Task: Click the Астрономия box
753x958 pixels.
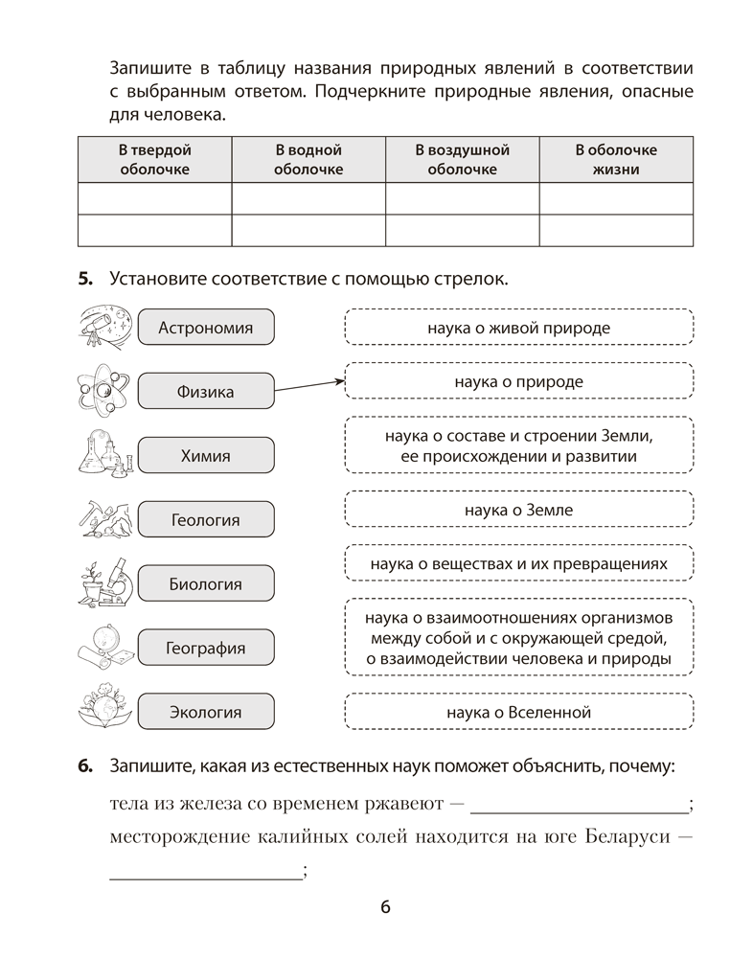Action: [206, 328]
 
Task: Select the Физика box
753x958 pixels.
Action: [206, 391]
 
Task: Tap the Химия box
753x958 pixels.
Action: [206, 456]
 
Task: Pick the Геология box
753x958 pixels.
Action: [206, 520]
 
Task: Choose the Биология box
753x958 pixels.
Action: [206, 583]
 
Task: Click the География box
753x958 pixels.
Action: [206, 648]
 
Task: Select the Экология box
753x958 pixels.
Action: [206, 712]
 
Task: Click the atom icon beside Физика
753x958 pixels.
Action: [103, 390]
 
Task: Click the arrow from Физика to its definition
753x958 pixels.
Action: [308, 385]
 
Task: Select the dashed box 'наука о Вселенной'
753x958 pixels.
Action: [518, 712]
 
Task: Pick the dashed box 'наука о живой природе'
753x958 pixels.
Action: [518, 328]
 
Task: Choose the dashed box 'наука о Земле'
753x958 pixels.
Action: [518, 510]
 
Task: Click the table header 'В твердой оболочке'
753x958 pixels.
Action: [154, 159]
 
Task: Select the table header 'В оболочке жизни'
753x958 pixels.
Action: [616, 159]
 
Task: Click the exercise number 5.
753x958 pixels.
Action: [84, 279]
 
